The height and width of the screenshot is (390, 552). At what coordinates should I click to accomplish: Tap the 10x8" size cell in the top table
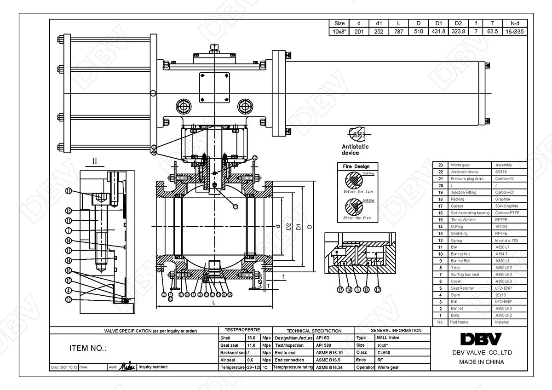(339, 32)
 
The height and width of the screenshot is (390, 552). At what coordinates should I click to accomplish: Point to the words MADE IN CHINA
(481, 362)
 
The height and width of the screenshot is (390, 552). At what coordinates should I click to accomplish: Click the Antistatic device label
(355, 149)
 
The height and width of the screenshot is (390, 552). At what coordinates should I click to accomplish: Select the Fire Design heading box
(356, 166)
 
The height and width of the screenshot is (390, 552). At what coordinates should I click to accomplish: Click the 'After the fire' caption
(357, 218)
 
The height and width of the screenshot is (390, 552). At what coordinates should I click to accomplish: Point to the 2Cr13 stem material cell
(500, 295)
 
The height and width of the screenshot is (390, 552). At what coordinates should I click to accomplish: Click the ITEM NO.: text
(87, 348)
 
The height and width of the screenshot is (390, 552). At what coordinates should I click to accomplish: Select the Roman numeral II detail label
(95, 161)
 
